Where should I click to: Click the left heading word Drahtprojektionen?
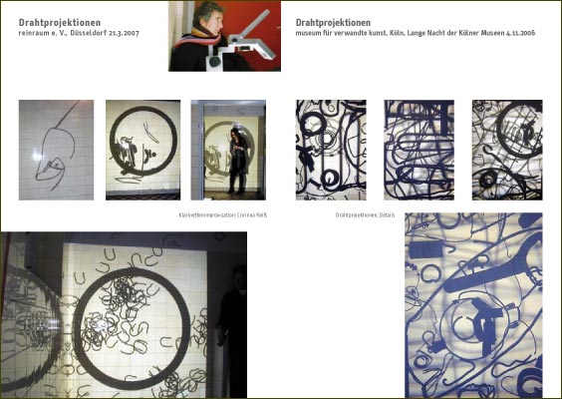59,22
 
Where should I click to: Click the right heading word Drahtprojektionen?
334,22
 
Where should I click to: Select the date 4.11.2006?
524,33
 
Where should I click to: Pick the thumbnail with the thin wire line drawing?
56,150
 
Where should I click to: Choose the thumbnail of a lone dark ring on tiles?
142,150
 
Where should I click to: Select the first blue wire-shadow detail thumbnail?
331,150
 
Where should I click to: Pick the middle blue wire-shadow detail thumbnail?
419,150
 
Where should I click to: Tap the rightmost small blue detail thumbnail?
506,150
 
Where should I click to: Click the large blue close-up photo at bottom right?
473,304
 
